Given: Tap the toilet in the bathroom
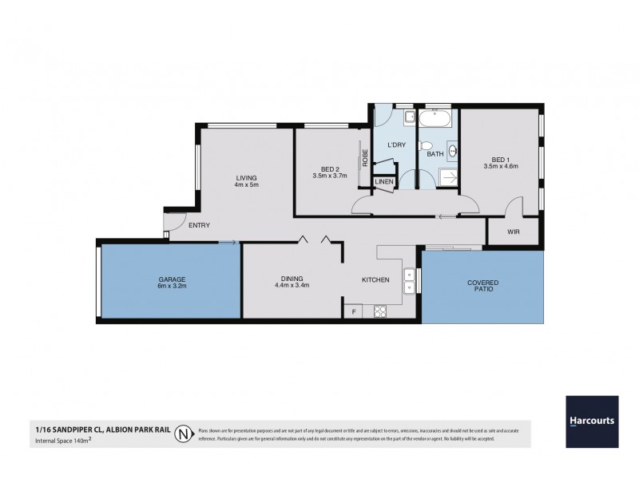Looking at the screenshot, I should tap(427, 145).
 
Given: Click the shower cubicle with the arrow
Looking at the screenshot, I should tap(448, 176).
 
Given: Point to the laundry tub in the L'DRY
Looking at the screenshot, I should tap(408, 118).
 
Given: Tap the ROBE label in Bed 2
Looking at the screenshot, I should tap(365, 158).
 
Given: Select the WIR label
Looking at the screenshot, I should tap(514, 232).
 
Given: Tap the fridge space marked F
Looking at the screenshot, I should tap(352, 311).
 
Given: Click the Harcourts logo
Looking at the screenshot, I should tap(591, 421).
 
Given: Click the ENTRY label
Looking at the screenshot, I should tap(199, 225).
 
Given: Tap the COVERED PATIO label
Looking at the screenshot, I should tap(482, 287).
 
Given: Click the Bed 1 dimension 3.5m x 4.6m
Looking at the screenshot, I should tap(501, 166).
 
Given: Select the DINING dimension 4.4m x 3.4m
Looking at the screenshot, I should tap(292, 284).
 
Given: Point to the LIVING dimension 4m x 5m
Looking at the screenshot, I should tap(246, 184).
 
